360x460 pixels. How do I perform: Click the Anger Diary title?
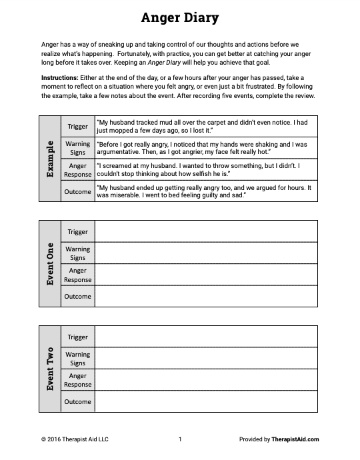(x=180, y=18)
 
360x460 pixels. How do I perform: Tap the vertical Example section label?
(x=50, y=158)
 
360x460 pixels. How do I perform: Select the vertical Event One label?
(x=50, y=263)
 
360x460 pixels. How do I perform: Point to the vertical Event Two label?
(x=50, y=369)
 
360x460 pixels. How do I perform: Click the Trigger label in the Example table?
(x=78, y=126)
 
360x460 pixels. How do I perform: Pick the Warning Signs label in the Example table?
(x=78, y=148)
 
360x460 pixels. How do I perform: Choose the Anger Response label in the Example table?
(x=78, y=170)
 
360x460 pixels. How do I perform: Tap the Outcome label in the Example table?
(x=78, y=191)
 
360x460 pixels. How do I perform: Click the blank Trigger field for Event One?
(x=206, y=231)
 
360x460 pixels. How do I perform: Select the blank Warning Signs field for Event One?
(x=206, y=253)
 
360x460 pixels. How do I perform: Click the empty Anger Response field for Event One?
(x=206, y=275)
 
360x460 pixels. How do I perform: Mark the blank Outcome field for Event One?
(x=206, y=296)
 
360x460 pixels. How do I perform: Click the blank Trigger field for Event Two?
(x=206, y=337)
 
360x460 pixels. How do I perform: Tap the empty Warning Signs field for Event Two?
(x=206, y=359)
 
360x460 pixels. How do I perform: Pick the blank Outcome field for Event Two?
(x=206, y=401)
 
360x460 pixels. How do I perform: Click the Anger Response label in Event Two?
(x=78, y=380)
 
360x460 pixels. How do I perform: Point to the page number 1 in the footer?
(x=180, y=439)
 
